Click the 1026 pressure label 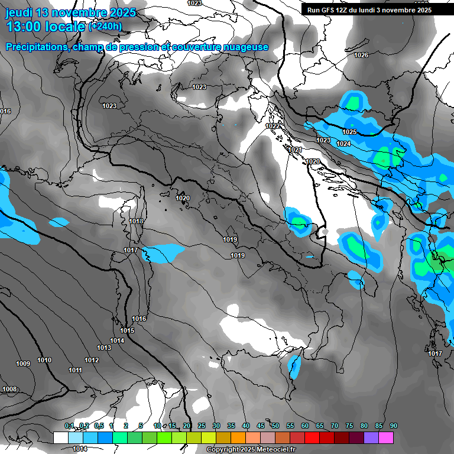click(x=361, y=55)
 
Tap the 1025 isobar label click(x=349, y=132)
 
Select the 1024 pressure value click(x=343, y=144)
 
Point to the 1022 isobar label click(x=273, y=126)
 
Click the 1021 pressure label click(x=296, y=150)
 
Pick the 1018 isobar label click(x=136, y=221)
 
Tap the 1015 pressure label click(x=127, y=330)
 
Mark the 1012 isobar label click(x=92, y=360)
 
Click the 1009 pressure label click(x=23, y=364)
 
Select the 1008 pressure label click(x=9, y=389)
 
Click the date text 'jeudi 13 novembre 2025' click(x=70, y=12)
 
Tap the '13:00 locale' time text click(x=45, y=27)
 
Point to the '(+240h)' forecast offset click(x=105, y=27)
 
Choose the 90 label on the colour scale click(x=394, y=426)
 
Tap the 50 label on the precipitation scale click(x=275, y=426)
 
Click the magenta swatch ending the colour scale click(x=386, y=437)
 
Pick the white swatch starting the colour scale click(x=60, y=437)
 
